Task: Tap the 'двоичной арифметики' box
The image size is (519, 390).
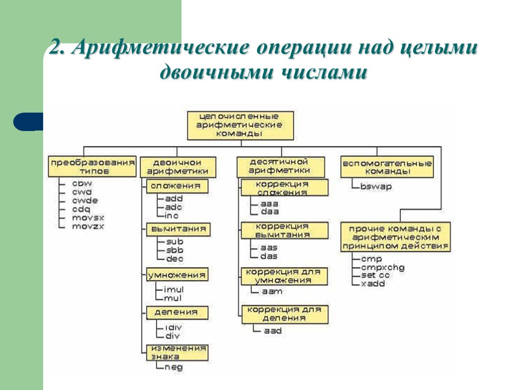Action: [177, 167]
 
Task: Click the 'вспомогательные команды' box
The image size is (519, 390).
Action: [387, 167]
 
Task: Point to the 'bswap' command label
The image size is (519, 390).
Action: [376, 186]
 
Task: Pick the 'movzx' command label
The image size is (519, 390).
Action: [88, 226]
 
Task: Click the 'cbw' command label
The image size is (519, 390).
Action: [82, 183]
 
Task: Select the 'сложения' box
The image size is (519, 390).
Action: [177, 186]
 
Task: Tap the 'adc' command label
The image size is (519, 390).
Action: [174, 207]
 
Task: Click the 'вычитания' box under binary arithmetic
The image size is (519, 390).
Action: [177, 230]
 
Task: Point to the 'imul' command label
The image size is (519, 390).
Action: [173, 289]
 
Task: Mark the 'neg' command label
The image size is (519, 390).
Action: [173, 367]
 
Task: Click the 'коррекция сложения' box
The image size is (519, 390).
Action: [284, 188]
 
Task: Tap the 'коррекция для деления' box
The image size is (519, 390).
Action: [284, 314]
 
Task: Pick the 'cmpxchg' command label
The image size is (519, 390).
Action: [383, 267]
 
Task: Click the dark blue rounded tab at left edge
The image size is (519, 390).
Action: [28, 122]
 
